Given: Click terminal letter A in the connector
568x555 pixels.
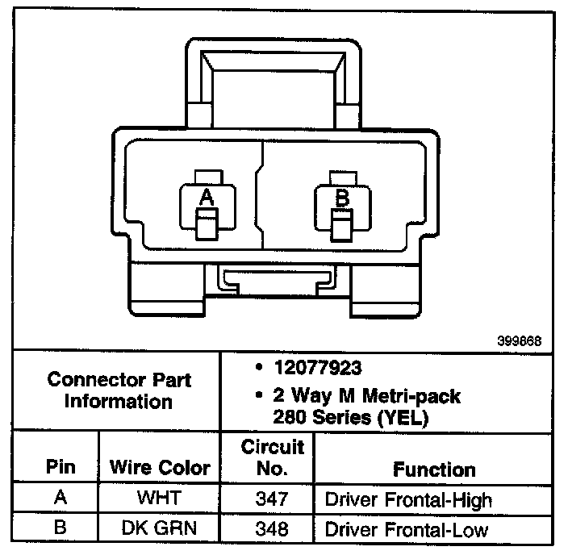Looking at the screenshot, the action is (x=207, y=196).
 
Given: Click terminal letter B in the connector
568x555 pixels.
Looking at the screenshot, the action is (x=341, y=196).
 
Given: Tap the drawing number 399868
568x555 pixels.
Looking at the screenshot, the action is (x=519, y=341).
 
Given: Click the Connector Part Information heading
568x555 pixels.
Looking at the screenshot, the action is (x=119, y=390).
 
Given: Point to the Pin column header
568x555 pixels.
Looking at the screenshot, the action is (x=61, y=467).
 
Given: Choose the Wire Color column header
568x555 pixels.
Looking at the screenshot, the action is (x=160, y=467).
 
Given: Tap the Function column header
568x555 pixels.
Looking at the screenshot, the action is (x=433, y=469).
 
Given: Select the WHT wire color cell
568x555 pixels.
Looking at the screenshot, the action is (x=160, y=499).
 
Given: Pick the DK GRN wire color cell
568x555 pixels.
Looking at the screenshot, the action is (x=160, y=530).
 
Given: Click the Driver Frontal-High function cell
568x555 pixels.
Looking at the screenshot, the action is (x=407, y=499).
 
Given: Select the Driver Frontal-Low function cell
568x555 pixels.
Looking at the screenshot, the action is (x=406, y=530).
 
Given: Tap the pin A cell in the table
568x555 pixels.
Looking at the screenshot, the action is (x=61, y=499).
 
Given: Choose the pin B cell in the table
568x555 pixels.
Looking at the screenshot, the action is (x=61, y=530).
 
